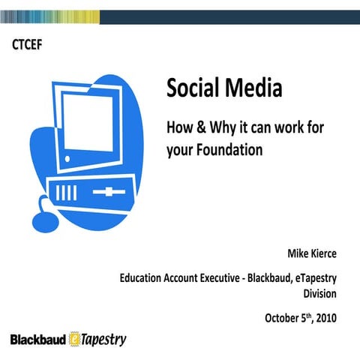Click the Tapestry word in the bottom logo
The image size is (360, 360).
tap(103, 340)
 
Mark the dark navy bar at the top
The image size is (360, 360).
tap(225, 16)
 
